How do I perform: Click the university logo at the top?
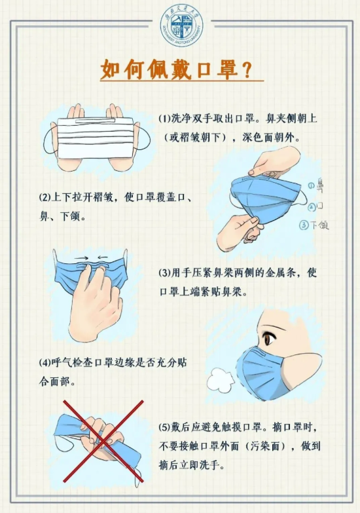(182, 26)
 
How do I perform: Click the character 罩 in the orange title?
(225, 69)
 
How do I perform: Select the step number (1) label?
(165, 119)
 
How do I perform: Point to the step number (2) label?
(45, 198)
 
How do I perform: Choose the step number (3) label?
(165, 273)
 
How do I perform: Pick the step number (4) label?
(45, 362)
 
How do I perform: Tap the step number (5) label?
(165, 427)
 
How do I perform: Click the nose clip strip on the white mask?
(96, 121)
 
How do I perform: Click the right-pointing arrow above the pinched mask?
(82, 258)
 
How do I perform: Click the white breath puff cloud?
(221, 380)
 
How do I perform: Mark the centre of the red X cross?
(103, 440)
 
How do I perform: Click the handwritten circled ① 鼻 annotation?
(315, 186)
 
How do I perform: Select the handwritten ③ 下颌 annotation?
(314, 225)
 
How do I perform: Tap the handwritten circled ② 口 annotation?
(316, 206)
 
